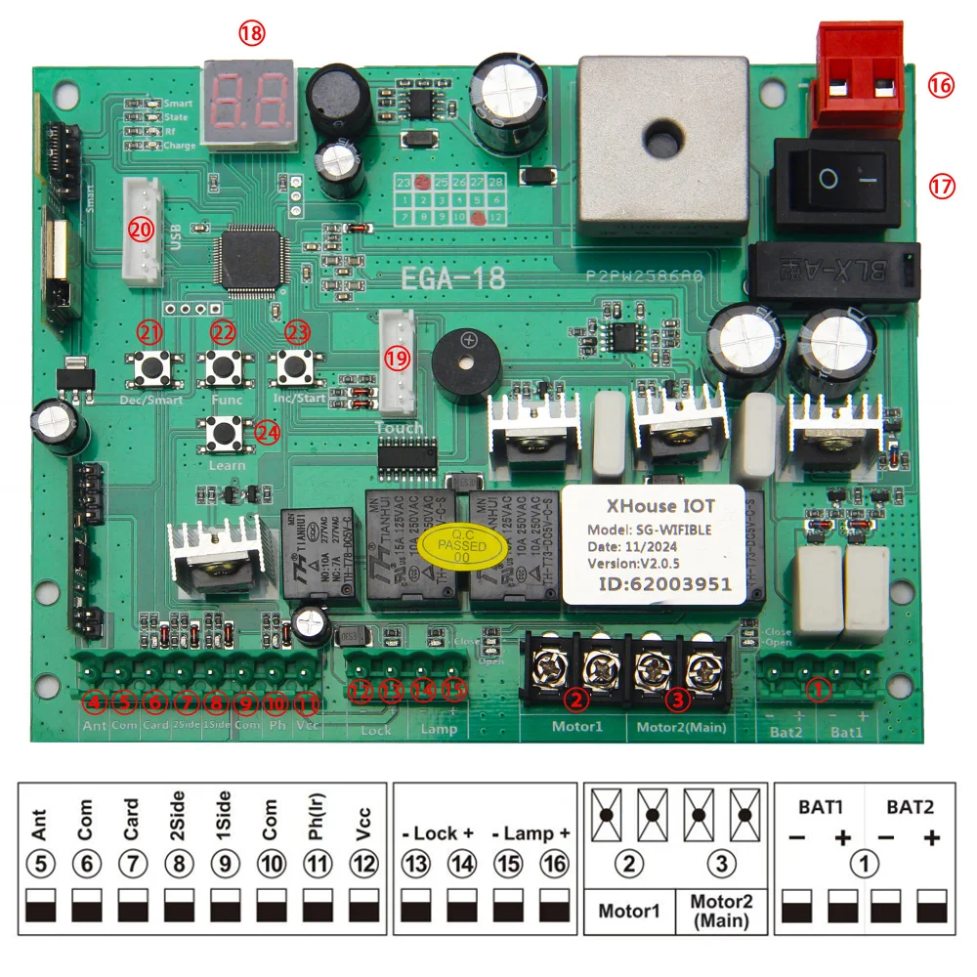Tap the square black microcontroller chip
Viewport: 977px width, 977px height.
(250, 259)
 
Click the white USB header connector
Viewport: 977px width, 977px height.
(144, 233)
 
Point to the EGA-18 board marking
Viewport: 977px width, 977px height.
(453, 278)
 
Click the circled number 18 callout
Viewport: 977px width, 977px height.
(251, 33)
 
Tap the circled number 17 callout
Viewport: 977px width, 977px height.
(941, 186)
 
